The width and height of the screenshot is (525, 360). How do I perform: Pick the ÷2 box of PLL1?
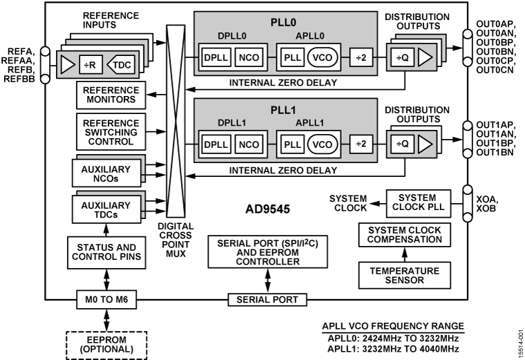(x=360, y=145)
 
